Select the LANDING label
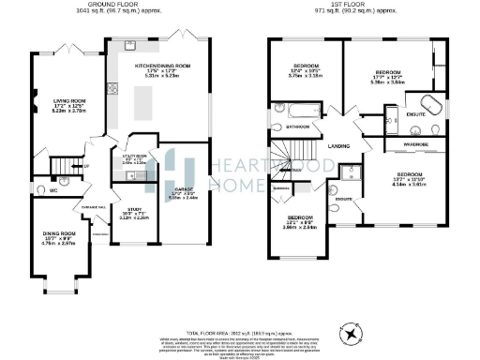pyautogui.click(x=339, y=145)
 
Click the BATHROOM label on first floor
pyautogui.click(x=297, y=125)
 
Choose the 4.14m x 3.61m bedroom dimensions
pyautogui.click(x=410, y=185)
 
